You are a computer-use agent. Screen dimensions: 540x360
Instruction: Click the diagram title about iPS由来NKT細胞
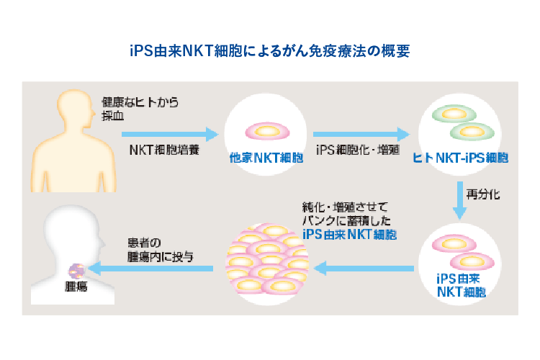(270, 51)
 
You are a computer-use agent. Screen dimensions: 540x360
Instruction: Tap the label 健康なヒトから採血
(140, 109)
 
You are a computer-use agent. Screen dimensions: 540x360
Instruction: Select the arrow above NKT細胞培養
(170, 134)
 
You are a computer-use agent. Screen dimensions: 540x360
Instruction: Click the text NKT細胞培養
(164, 150)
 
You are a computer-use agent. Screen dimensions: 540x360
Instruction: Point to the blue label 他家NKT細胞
(266, 158)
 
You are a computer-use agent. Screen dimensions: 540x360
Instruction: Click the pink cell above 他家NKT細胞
(267, 131)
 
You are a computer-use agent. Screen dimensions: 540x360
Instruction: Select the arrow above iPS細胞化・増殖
(361, 134)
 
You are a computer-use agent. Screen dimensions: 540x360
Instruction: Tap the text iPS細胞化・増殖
(358, 150)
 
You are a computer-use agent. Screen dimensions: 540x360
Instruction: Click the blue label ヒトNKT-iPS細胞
(461, 158)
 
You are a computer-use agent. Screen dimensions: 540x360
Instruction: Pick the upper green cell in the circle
(454, 114)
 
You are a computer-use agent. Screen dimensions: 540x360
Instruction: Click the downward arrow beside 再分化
(460, 200)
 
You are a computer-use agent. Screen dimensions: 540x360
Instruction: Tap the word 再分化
(483, 194)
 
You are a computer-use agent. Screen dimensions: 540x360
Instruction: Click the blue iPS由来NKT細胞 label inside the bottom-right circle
(461, 285)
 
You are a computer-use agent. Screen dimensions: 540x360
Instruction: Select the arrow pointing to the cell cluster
(364, 269)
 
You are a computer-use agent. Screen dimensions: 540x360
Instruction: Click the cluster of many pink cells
(267, 264)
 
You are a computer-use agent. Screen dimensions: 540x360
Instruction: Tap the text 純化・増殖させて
(345, 207)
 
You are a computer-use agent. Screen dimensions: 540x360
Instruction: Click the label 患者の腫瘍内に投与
(160, 250)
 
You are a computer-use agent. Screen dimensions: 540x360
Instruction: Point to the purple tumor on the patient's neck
(76, 271)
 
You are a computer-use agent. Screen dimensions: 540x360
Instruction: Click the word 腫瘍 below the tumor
(76, 287)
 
